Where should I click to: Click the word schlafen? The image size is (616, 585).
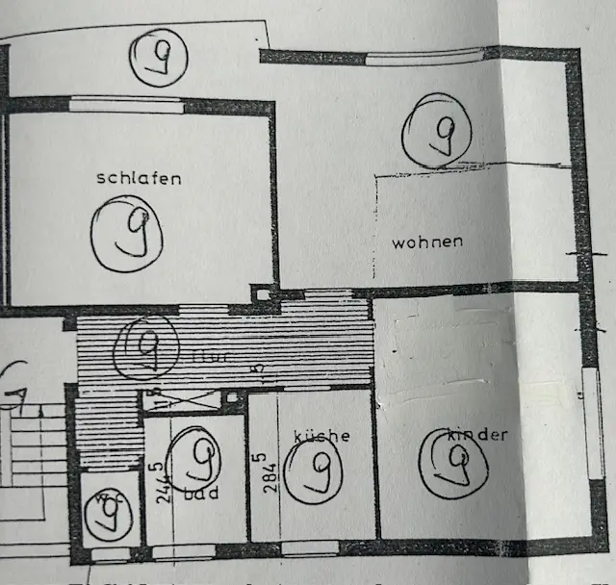coord(139,178)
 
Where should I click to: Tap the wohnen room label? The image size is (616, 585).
coord(426,242)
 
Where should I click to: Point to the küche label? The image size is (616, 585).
coord(321,436)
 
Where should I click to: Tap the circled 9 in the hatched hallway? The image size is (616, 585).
coord(145,346)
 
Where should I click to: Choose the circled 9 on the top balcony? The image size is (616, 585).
coord(159,58)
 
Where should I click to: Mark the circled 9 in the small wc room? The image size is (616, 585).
coord(105,515)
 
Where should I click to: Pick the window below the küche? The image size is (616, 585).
coord(309,548)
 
